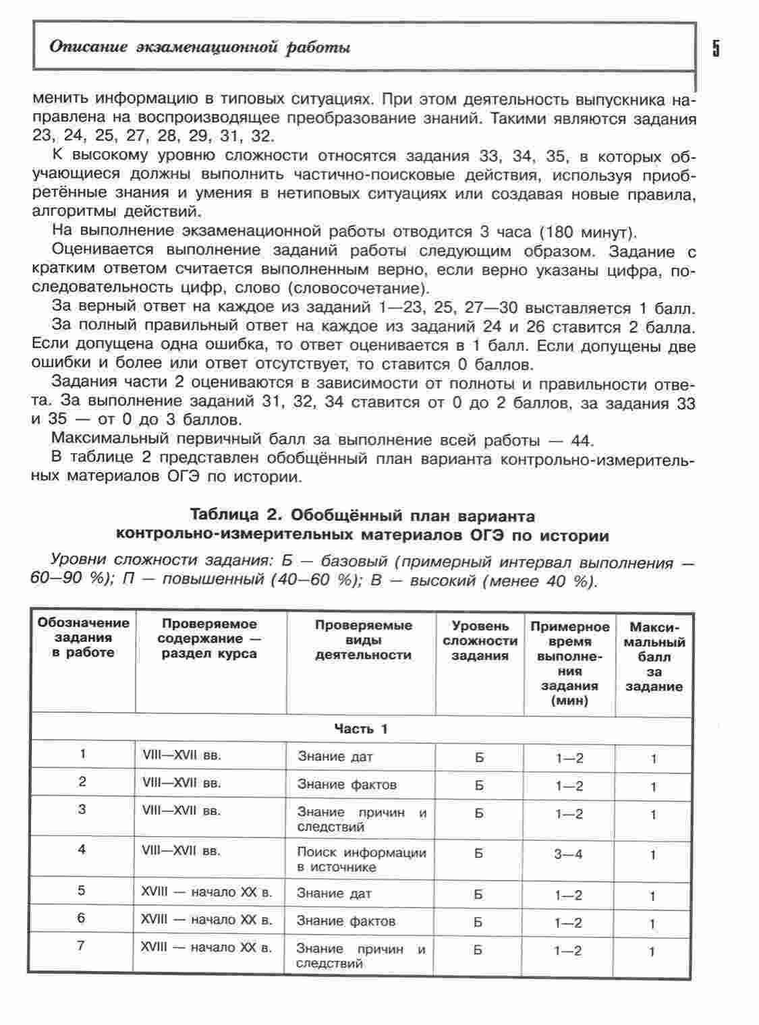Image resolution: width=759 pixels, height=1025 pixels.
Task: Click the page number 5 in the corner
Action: pos(715,49)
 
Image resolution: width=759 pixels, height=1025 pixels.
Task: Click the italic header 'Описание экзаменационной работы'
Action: pos(200,47)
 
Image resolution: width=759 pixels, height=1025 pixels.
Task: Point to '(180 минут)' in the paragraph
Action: pos(588,233)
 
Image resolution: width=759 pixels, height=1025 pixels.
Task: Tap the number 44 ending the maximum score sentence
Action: pos(580,441)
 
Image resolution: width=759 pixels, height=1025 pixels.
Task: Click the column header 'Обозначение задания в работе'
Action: pos(83,638)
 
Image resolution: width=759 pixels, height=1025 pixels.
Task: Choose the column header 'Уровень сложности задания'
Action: pos(480,641)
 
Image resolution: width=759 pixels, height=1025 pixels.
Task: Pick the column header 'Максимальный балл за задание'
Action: pos(654,656)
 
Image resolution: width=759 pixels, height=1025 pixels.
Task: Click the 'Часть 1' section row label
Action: pos(361,729)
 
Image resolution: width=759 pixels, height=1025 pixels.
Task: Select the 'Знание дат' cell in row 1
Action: pos(335,757)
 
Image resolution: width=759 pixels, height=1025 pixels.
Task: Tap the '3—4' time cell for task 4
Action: pos(568,854)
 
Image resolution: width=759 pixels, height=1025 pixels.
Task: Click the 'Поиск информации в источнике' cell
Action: pos(362,860)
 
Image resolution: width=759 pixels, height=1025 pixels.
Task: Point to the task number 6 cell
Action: pos(82,918)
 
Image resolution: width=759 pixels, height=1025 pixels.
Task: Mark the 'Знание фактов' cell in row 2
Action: pos(347,784)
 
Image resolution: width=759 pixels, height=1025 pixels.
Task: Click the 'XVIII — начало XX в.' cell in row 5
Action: pos(206,893)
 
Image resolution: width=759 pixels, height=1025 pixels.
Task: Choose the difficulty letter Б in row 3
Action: pos(479,813)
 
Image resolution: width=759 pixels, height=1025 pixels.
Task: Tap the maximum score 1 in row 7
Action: pos(652,951)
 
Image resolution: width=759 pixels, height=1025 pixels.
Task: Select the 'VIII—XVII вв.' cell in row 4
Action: pos(181,851)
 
